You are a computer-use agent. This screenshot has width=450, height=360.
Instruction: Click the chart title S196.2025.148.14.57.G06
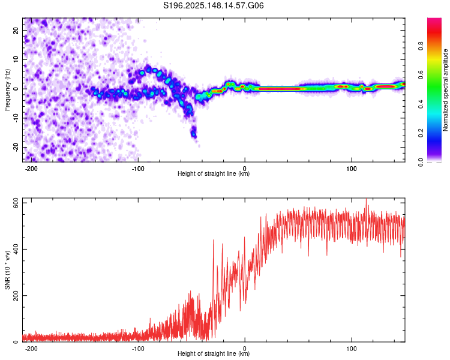pos(213,5)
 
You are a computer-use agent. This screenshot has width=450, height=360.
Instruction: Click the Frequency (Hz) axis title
pos(7,90)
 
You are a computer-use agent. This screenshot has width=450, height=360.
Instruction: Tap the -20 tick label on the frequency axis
pos(16,148)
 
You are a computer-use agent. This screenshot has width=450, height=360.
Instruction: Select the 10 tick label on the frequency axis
pos(16,59)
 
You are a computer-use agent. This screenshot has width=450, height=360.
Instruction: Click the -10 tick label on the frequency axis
pos(16,118)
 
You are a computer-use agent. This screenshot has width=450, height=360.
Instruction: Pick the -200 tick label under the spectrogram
pos(31,169)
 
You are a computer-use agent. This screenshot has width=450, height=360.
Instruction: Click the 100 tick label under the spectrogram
pos(351,169)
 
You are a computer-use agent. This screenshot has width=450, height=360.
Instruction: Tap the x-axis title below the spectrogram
pos(214,173)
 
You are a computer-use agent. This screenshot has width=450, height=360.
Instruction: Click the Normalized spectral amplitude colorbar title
pos(445,90)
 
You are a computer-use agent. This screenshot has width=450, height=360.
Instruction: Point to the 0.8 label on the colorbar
pos(421,46)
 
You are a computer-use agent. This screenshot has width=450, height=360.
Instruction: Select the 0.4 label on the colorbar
pos(421,104)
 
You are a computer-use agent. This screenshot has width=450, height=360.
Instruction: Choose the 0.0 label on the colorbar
pos(421,163)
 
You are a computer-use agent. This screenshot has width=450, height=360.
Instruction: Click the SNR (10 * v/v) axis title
pos(7,270)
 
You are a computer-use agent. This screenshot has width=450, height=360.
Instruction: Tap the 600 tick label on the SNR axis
pos(16,205)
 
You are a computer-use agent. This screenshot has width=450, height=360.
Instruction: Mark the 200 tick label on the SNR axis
pos(16,295)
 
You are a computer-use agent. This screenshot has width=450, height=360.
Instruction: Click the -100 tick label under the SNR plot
pos(138,349)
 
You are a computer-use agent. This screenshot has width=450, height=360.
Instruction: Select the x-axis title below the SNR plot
pos(214,353)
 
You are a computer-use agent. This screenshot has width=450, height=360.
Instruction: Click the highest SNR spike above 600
pos(366,199)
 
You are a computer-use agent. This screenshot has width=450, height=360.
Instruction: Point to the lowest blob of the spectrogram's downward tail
pos(194,134)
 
